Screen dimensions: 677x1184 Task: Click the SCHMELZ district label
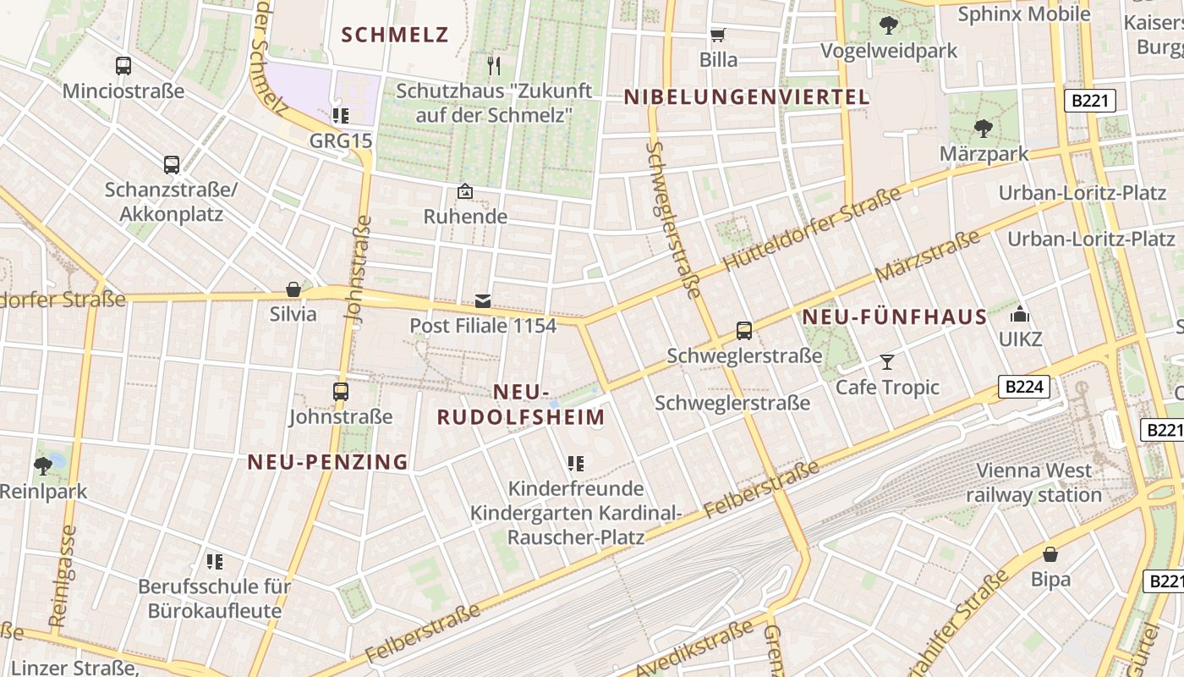click(395, 35)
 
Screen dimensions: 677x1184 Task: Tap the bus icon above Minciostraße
click(123, 65)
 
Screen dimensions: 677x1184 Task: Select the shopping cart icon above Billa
click(718, 35)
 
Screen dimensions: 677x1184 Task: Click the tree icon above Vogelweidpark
click(889, 25)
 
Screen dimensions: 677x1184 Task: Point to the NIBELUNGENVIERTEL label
click(747, 97)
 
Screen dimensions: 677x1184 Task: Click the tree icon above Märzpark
click(983, 129)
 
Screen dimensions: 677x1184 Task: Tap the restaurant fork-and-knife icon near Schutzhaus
click(495, 64)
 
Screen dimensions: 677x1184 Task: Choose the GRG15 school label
click(341, 140)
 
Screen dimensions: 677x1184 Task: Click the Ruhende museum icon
click(464, 191)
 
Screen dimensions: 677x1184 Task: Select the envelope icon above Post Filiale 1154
click(483, 300)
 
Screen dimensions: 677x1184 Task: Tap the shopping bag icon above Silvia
click(293, 289)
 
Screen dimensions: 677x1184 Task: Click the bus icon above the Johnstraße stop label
click(341, 391)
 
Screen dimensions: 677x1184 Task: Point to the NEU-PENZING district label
click(328, 462)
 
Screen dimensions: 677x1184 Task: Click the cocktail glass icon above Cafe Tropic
click(887, 362)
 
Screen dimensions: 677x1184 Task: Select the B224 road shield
click(1024, 388)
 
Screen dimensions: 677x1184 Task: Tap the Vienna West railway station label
click(1033, 482)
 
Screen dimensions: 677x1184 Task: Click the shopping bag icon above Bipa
click(1050, 554)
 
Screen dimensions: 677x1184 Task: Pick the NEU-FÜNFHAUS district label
click(894, 317)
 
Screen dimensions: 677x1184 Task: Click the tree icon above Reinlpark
click(42, 465)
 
